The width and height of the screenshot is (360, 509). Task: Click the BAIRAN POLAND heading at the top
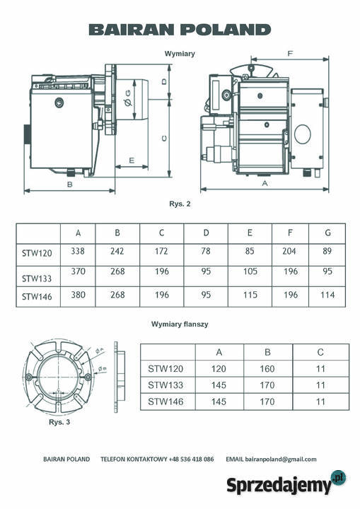point(180,29)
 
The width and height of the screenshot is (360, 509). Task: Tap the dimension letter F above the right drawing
point(291,54)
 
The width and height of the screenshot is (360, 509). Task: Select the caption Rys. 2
point(180,204)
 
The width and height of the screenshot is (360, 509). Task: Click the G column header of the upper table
point(327,233)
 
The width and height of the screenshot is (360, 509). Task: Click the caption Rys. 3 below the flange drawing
point(59,422)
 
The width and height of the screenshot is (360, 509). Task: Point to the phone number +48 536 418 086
point(192,459)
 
